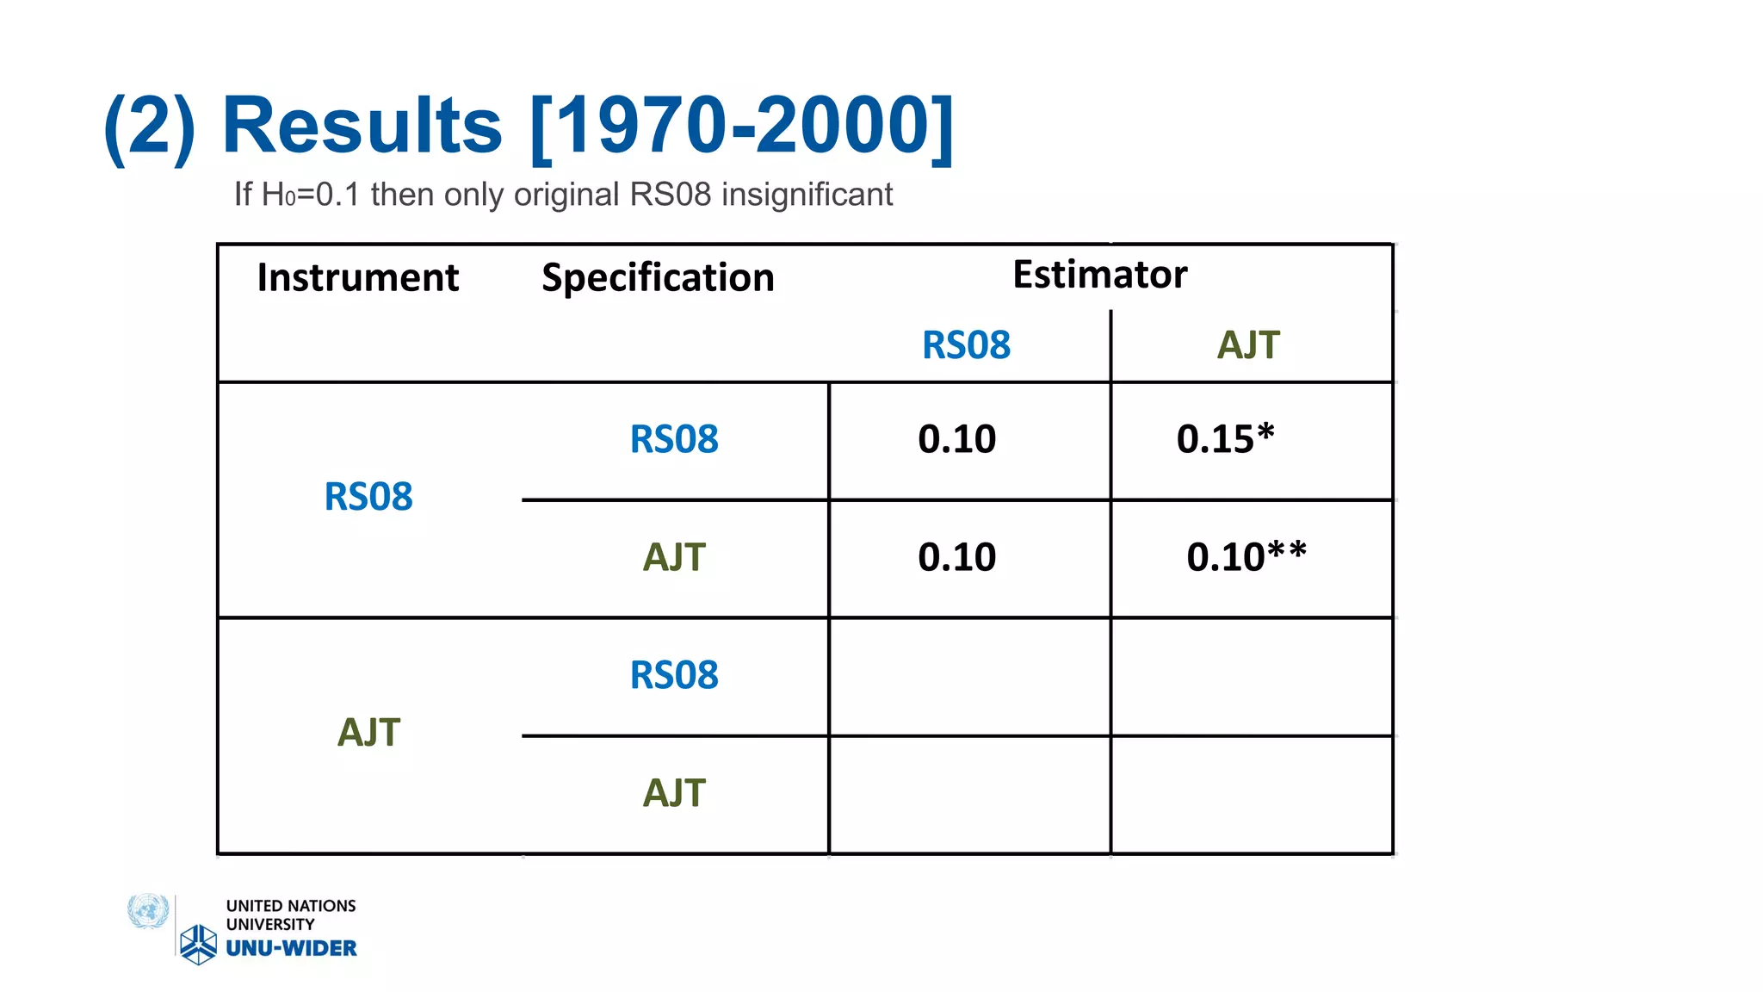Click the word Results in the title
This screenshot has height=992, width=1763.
(362, 126)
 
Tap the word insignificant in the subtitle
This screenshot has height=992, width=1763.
(807, 195)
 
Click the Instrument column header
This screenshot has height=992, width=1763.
(357, 278)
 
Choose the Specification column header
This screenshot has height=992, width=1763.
(658, 278)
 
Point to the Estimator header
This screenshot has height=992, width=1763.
(1099, 275)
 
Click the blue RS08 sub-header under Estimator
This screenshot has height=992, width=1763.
(966, 345)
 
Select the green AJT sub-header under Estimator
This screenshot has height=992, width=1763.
(1247, 345)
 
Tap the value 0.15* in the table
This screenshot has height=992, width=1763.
(1225, 439)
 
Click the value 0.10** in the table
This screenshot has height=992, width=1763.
(1246, 557)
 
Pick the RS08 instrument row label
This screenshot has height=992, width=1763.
(368, 497)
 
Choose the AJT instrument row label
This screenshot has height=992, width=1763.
(368, 733)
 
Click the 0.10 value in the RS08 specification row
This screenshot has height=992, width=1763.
(956, 439)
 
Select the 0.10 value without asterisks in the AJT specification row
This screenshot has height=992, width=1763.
(956, 557)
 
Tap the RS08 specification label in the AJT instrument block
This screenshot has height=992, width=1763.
(674, 675)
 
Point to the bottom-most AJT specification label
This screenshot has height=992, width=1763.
(674, 793)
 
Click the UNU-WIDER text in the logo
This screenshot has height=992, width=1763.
(291, 948)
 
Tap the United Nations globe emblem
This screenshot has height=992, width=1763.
(148, 911)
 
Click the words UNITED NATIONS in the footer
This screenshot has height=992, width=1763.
(291, 906)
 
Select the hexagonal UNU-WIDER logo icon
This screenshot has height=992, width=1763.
(199, 945)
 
